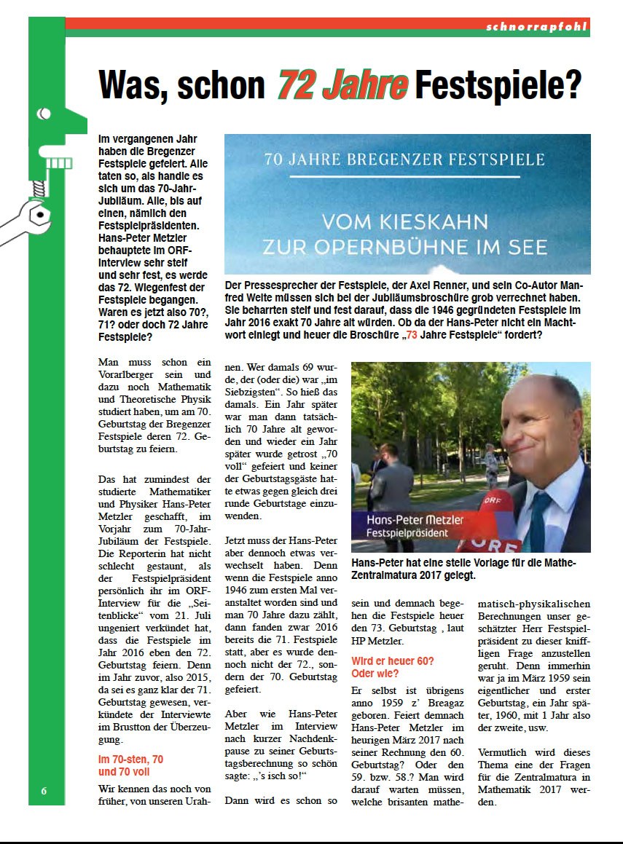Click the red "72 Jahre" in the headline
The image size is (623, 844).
click(x=342, y=85)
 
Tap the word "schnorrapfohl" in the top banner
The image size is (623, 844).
click(x=536, y=27)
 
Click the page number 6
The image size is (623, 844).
click(x=44, y=792)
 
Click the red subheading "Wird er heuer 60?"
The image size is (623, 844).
click(x=393, y=661)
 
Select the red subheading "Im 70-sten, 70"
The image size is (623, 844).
click(x=130, y=759)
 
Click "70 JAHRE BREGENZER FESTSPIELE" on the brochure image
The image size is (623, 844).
click(x=404, y=159)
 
